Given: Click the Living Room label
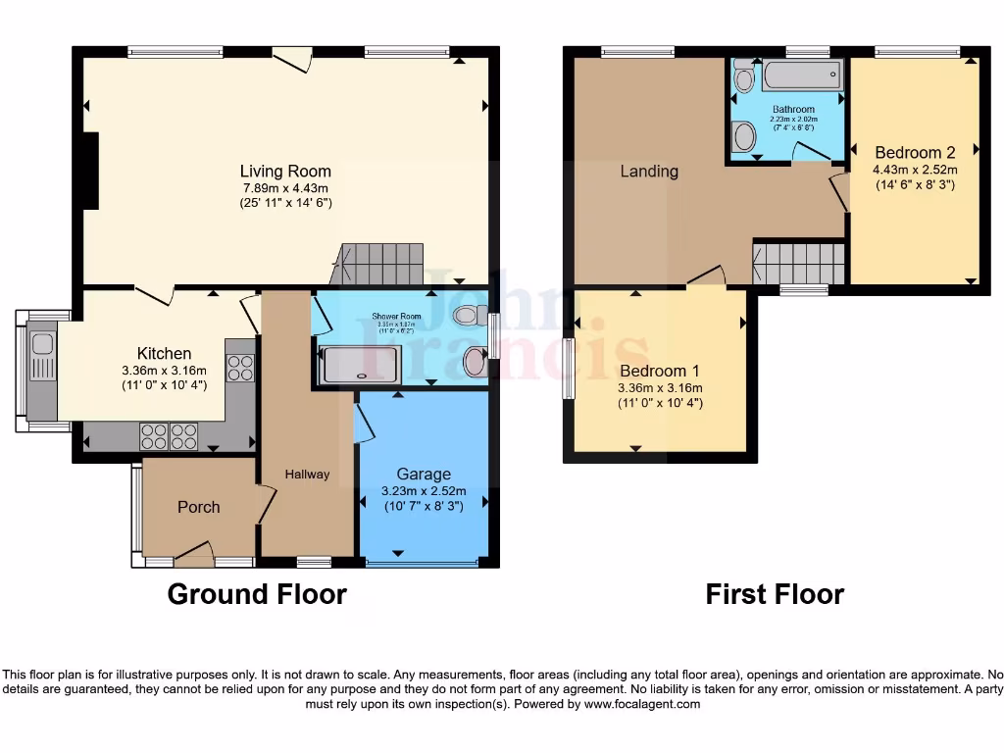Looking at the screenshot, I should [286, 171].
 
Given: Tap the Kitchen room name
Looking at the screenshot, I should [164, 353].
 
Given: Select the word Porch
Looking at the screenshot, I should [198, 507].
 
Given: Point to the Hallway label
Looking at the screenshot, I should [307, 475].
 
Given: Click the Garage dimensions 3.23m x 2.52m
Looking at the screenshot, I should [424, 491].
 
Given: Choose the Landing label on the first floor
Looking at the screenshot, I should [649, 172].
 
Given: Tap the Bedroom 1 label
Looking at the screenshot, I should [660, 371].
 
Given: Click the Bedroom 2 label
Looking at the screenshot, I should [915, 153].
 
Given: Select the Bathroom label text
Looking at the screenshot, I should [793, 110].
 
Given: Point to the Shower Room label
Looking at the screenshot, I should [396, 316].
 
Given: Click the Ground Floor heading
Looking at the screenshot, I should [257, 594].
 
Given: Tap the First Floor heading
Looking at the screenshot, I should [775, 594].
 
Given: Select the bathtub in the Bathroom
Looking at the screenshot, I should [801, 75].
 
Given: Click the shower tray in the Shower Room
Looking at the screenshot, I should [361, 364].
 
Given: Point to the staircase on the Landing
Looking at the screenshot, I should [798, 263].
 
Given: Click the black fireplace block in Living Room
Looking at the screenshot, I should [90, 171].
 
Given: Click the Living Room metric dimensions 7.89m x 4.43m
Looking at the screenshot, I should [286, 187].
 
